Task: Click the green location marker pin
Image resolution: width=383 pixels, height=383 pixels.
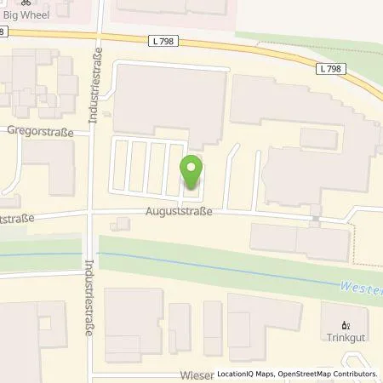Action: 191,174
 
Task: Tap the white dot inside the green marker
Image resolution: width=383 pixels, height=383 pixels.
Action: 191,168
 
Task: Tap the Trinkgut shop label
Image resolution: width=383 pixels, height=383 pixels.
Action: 345,340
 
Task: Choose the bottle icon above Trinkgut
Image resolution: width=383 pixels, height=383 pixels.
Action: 345,326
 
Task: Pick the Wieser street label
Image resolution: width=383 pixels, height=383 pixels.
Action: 197,374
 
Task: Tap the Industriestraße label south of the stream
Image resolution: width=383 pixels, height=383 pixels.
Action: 89,298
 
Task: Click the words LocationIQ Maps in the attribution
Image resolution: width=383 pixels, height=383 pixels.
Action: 246,374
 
